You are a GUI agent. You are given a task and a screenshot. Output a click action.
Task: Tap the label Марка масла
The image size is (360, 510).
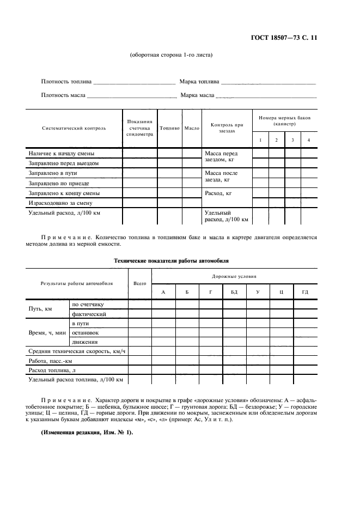pos(197,95)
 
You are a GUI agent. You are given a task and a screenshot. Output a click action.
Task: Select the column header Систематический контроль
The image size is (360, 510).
pos(74,129)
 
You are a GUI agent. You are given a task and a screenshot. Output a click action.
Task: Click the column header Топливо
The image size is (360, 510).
pos(169,129)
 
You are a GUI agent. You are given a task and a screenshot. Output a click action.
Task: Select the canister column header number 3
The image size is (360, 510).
pos(292,141)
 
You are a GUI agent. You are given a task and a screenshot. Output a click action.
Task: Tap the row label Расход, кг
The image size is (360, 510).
pos(218,193)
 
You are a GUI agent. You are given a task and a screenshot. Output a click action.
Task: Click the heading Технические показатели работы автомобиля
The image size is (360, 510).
pos(172,261)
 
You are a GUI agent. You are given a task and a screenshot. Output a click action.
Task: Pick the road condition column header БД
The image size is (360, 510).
pos(234,293)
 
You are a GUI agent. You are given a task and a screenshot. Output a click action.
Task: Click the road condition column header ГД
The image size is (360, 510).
pos(305,293)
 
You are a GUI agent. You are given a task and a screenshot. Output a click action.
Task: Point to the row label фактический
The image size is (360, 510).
pos(84,314)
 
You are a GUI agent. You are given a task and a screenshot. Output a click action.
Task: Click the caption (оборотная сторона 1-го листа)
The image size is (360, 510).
pos(171,55)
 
